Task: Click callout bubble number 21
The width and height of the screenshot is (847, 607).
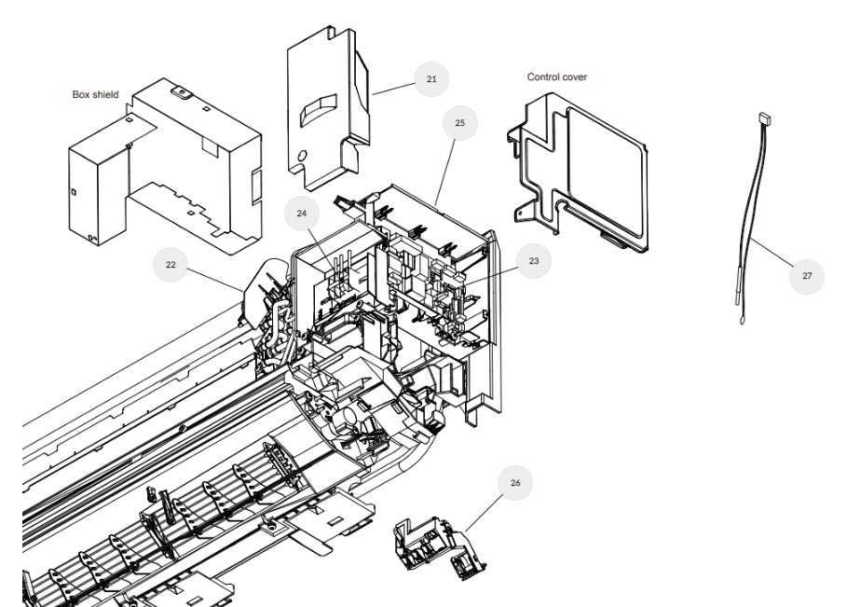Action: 431,79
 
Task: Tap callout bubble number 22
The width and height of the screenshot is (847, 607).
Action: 171,264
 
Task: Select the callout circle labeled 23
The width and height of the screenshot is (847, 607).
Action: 534,261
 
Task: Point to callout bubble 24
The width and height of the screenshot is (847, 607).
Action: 301,214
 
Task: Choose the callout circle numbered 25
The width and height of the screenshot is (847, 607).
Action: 459,123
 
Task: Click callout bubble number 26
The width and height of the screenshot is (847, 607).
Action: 514,483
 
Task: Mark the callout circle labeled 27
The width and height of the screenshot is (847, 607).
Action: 807,276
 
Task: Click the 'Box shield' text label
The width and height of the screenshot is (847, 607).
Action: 95,94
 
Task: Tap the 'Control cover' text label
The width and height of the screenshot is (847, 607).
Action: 557,76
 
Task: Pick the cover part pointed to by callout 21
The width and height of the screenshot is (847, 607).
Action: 328,108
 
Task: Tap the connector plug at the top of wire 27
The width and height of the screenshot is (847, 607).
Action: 765,117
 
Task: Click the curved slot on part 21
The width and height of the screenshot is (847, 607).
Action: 319,110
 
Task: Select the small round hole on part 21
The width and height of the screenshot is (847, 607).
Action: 302,157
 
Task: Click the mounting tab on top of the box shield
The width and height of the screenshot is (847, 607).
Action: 182,93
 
